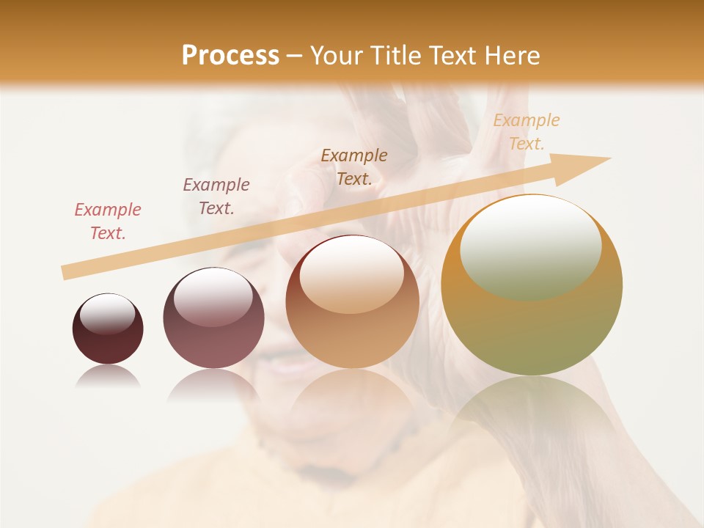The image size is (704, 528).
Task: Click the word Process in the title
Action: coord(230,56)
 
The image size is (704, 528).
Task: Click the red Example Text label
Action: coord(108,221)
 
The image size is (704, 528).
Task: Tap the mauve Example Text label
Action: coord(216,197)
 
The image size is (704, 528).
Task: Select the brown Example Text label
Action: coord(354,167)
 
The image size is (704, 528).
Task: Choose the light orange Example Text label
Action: coord(526,132)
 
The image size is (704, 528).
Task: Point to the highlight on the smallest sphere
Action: coord(107,314)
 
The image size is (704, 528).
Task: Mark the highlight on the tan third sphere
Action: coord(351,275)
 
